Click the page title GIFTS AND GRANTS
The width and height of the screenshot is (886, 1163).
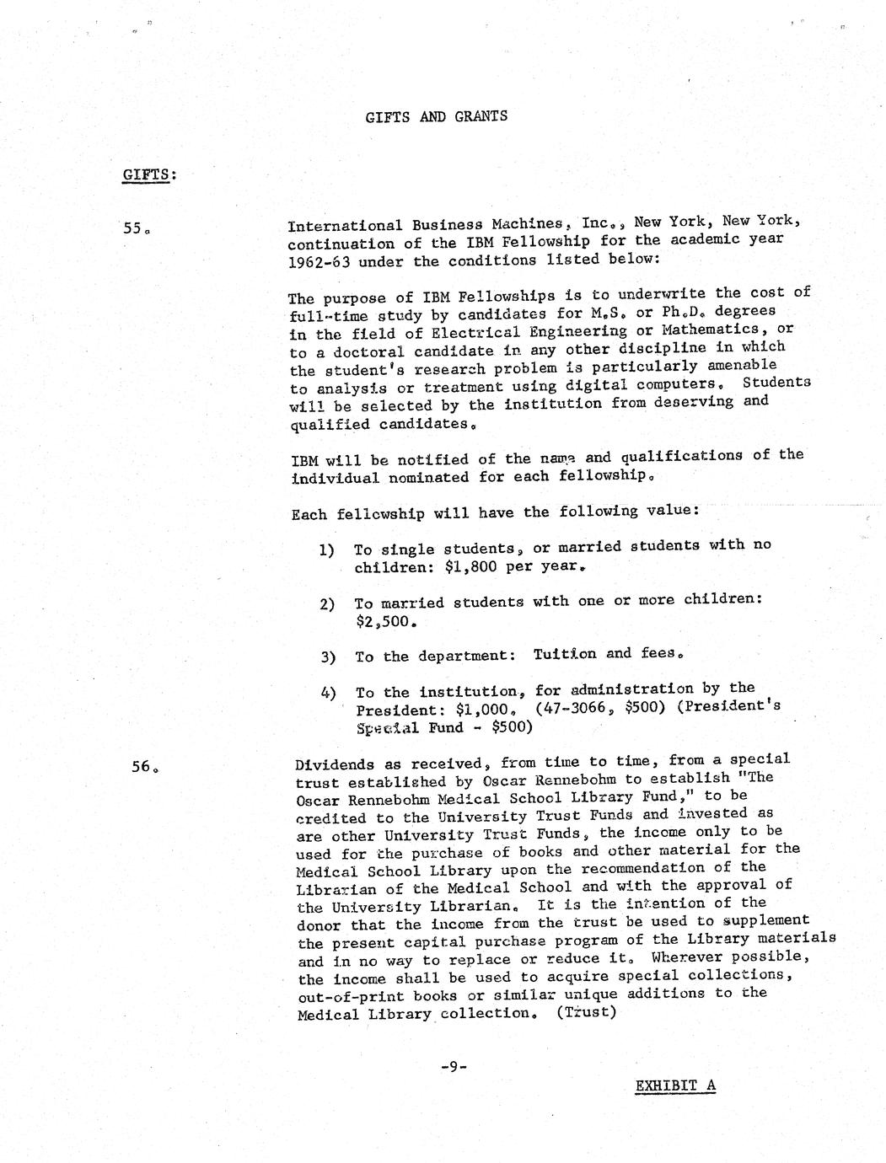tap(437, 116)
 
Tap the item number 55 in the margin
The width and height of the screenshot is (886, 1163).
tap(137, 228)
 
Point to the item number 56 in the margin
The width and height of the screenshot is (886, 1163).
tap(144, 767)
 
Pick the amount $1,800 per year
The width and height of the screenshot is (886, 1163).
tap(513, 567)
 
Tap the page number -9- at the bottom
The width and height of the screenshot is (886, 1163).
tap(453, 1067)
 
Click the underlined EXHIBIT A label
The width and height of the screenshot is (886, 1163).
tap(674, 1085)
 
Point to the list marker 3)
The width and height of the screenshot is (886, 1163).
tap(328, 657)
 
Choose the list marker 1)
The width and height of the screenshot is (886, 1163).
tap(327, 550)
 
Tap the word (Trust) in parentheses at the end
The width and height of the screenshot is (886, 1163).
tap(586, 1012)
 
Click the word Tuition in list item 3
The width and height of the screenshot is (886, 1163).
tap(565, 654)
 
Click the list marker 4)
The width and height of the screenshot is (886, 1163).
tap(328, 694)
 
